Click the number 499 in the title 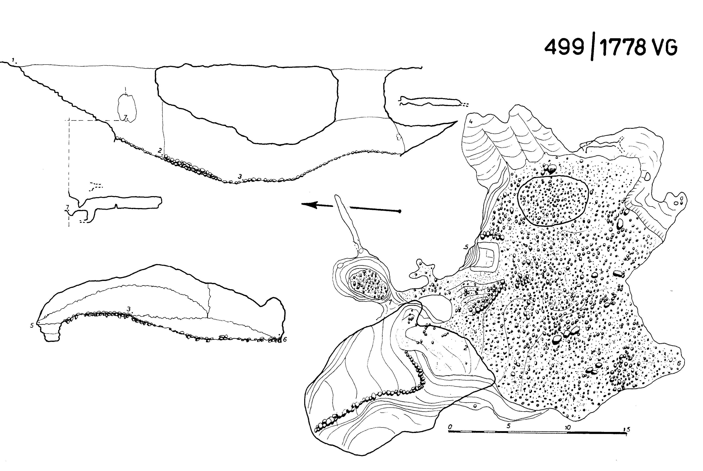click(564, 47)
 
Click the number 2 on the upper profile click(160, 150)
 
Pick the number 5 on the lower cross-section click(32, 325)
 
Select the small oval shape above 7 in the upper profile click(127, 107)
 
